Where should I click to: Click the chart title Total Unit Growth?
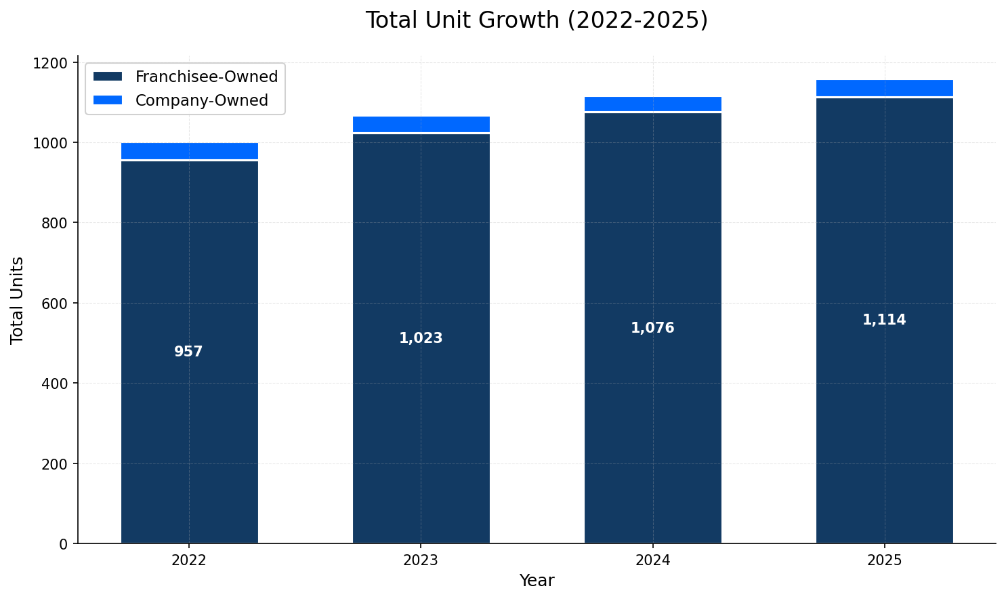pos(537,20)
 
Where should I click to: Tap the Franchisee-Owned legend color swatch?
pos(108,77)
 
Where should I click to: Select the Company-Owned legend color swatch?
pos(108,100)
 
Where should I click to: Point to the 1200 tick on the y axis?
pos(54,63)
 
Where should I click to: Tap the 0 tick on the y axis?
pos(64,544)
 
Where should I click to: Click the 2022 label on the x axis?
pos(189,560)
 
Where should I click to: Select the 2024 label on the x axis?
pos(652,560)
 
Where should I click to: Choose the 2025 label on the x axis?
pos(884,560)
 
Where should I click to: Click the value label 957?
pos(189,352)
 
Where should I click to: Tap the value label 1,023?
pos(421,339)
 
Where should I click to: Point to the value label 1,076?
pos(652,329)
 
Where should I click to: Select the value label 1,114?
pos(884,321)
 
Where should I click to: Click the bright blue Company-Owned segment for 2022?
pos(189,151)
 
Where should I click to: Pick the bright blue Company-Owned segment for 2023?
pos(421,124)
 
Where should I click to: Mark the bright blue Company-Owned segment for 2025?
pos(884,88)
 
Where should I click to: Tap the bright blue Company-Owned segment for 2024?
pos(652,104)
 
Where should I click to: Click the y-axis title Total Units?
pos(18,300)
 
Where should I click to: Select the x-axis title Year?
pos(537,581)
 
